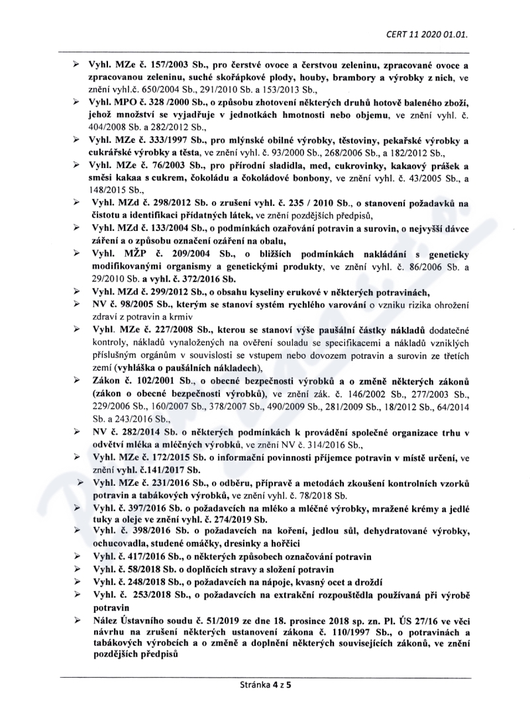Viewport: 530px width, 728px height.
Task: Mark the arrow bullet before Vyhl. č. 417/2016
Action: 78,557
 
